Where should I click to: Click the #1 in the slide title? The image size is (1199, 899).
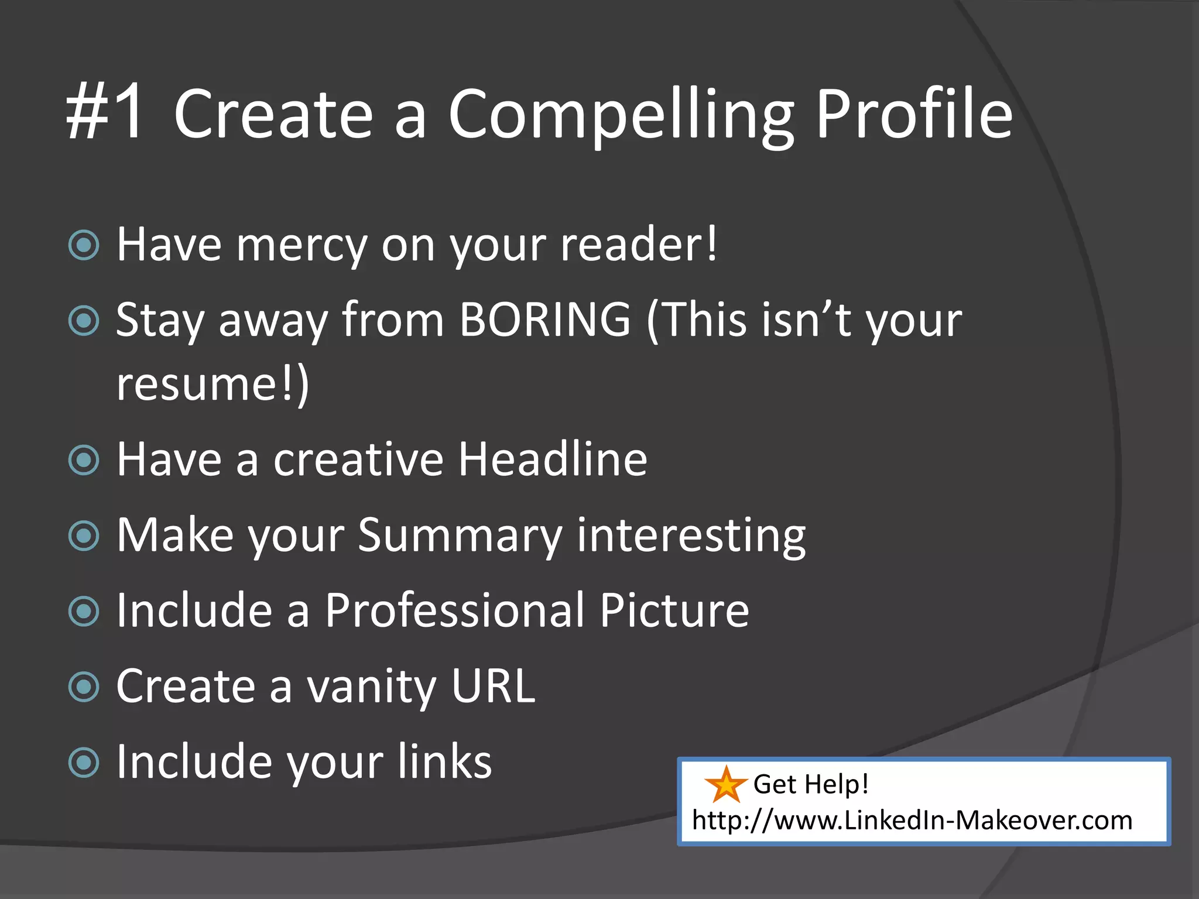coord(105,114)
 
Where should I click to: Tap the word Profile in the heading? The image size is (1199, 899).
coord(914,114)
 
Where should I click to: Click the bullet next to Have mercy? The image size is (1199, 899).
coord(84,245)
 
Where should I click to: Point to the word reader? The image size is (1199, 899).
coord(639,245)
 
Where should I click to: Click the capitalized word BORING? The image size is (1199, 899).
coord(545,320)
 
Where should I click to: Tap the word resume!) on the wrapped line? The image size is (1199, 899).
coord(213,385)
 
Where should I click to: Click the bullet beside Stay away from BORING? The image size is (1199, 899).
coord(84,321)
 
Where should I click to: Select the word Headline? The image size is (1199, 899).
coord(553,459)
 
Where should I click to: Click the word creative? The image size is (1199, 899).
coord(358,459)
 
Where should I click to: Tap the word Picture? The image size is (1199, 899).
coord(674,611)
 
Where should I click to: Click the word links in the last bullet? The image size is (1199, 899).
coord(444,762)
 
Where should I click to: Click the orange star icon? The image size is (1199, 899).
coord(725,785)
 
